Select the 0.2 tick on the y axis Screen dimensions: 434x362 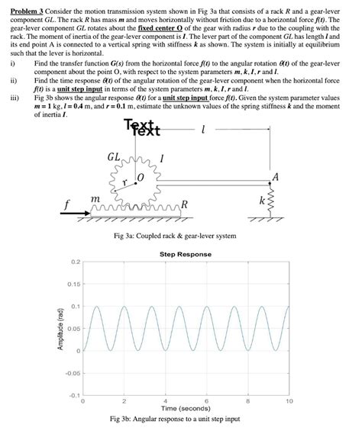click(74, 262)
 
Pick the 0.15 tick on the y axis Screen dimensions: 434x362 click(73, 284)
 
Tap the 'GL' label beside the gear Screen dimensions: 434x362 click(114, 157)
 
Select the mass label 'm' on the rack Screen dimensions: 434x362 click(95, 198)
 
